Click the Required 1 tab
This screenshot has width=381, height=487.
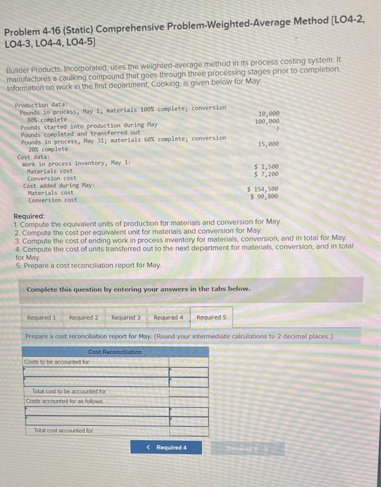click(41, 317)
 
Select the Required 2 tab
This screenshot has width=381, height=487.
click(84, 317)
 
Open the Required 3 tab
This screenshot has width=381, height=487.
click(125, 317)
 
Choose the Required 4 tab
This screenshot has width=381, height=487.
click(168, 317)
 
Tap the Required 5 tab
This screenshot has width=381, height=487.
click(210, 317)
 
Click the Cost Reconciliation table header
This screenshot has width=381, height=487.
click(115, 352)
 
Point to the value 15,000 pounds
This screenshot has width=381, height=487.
click(269, 144)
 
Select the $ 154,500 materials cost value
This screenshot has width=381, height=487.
click(264, 188)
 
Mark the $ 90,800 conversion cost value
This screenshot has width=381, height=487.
click(265, 195)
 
